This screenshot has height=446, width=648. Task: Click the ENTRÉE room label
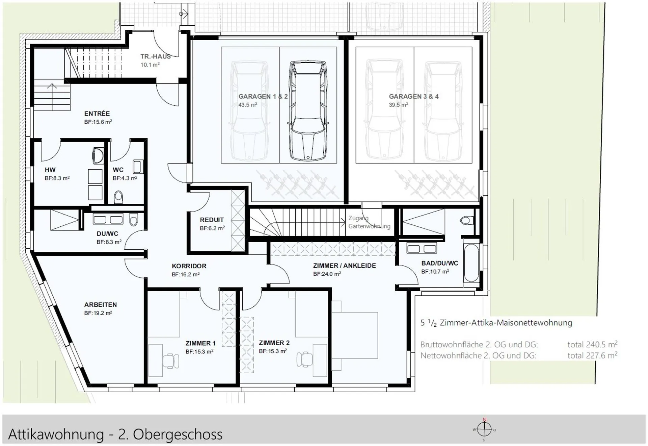tap(97, 114)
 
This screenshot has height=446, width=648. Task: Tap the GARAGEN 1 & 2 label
tap(263, 96)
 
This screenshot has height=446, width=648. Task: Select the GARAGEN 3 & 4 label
tap(413, 96)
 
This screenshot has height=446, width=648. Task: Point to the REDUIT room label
tap(212, 220)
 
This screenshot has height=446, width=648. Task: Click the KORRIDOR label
tap(189, 266)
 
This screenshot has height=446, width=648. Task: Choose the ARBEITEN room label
tap(101, 304)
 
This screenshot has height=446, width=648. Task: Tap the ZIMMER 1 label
tap(200, 343)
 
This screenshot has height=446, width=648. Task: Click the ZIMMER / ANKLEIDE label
tap(344, 266)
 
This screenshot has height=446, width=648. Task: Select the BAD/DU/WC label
tap(440, 263)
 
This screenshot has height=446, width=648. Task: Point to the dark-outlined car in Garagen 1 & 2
tap(308, 111)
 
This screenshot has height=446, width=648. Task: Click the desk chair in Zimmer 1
tap(171, 361)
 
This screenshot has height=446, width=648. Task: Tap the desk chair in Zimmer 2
tap(305, 360)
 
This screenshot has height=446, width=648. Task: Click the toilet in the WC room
tap(118, 197)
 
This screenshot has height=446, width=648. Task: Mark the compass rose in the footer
tap(484, 430)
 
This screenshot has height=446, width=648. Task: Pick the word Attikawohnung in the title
tap(56, 434)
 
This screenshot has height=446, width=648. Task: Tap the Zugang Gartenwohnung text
tap(369, 222)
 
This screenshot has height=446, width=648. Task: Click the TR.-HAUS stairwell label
tap(156, 56)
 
